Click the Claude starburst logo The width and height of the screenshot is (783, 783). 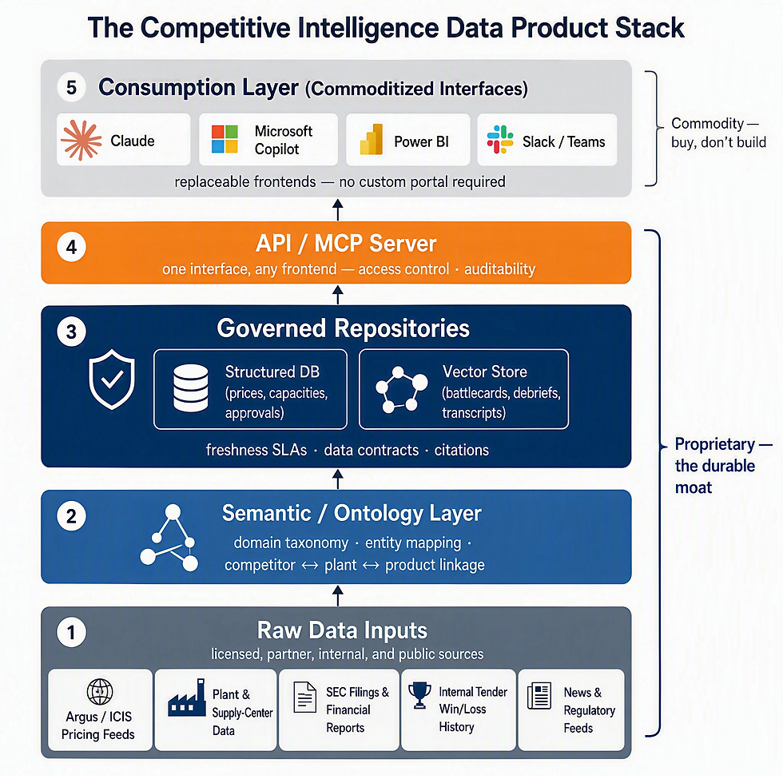point(81,141)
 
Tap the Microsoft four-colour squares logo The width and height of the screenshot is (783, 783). point(225,139)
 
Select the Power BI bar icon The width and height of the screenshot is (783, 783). point(372,139)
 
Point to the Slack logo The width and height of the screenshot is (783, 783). point(500,139)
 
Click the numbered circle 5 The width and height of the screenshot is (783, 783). point(71,87)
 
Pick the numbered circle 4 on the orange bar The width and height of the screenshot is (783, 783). point(71,247)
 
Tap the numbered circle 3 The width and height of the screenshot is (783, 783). point(71,332)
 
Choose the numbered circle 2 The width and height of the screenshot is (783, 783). point(71,516)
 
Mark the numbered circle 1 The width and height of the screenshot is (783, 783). point(71,632)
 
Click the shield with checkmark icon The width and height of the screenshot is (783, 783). point(112,380)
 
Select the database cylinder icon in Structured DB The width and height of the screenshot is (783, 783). point(191,388)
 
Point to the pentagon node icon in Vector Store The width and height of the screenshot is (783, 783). point(401,390)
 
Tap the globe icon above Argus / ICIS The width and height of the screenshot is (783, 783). point(100,692)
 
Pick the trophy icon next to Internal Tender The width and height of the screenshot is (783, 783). point(419,695)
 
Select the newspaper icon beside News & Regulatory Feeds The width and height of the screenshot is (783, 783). point(539,696)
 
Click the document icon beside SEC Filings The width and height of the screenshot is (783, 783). point(305,697)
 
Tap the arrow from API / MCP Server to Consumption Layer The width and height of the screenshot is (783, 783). point(338,209)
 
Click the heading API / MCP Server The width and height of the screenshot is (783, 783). point(346,244)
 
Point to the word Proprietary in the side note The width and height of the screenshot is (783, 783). point(714,444)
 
